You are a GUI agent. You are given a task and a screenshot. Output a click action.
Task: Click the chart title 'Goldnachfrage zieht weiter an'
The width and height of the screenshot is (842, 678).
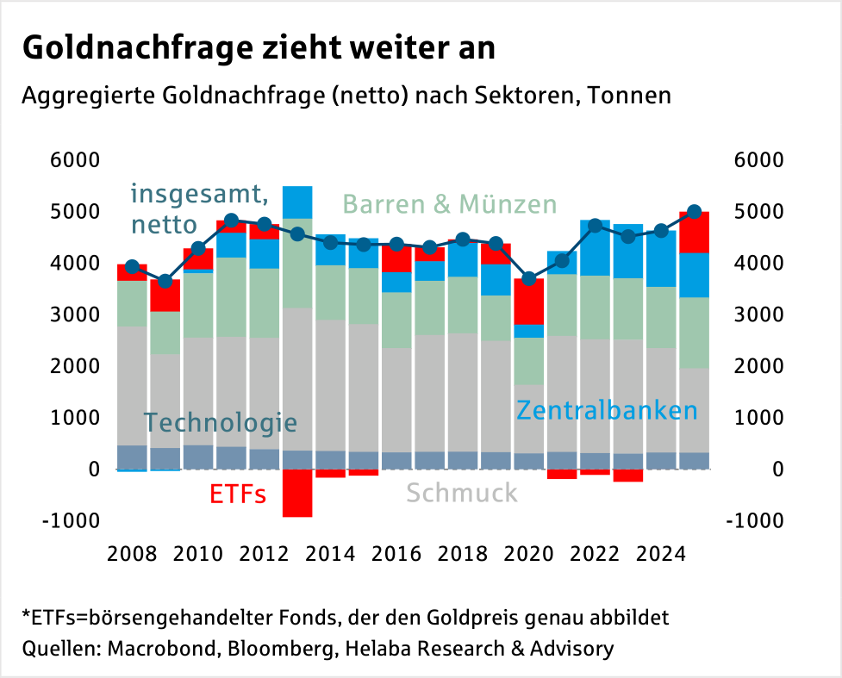coord(259,47)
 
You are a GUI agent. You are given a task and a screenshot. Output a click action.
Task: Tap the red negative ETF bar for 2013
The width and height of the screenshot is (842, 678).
coord(297,493)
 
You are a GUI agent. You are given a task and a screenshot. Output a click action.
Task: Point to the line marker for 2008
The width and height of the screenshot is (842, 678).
coord(132,267)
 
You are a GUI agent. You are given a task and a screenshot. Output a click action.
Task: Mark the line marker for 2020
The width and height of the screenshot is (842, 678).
coord(529,278)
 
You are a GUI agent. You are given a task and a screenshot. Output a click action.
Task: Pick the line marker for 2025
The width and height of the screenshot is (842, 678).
coord(695,212)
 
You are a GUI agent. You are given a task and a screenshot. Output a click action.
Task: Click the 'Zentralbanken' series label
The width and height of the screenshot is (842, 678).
coord(606,410)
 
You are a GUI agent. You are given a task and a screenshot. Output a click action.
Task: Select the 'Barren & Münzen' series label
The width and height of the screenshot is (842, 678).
coord(450,204)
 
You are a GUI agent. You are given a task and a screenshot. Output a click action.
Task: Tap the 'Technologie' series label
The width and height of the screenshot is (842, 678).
coord(220,423)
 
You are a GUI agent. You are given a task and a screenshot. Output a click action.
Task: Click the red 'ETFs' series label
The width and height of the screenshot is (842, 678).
coord(237,495)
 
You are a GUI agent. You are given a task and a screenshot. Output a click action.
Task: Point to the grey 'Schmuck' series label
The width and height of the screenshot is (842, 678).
coord(462,493)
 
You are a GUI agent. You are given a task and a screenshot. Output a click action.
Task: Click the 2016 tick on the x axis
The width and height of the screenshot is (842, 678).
coord(396,553)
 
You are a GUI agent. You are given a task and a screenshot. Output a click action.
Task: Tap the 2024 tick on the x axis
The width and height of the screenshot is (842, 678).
coord(661,553)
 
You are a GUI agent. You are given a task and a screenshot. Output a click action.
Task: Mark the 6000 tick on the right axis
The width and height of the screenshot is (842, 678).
coord(758,160)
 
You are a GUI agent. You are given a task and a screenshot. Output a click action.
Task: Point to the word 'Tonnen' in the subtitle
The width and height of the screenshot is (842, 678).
coord(628,96)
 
